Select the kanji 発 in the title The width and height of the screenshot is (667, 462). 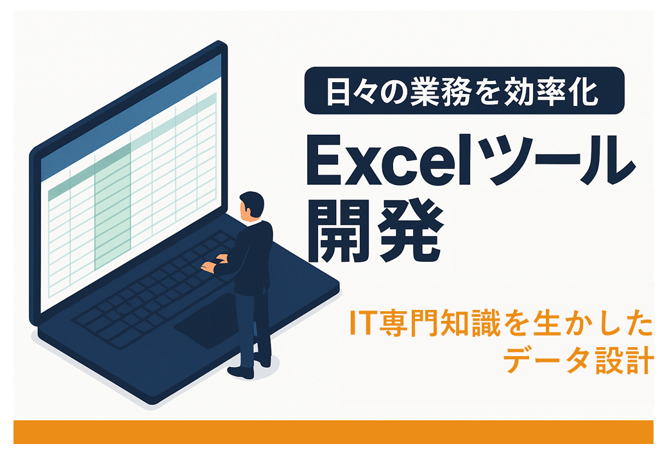410,232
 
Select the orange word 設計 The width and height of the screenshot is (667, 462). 625,361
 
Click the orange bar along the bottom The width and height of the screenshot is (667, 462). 333,432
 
